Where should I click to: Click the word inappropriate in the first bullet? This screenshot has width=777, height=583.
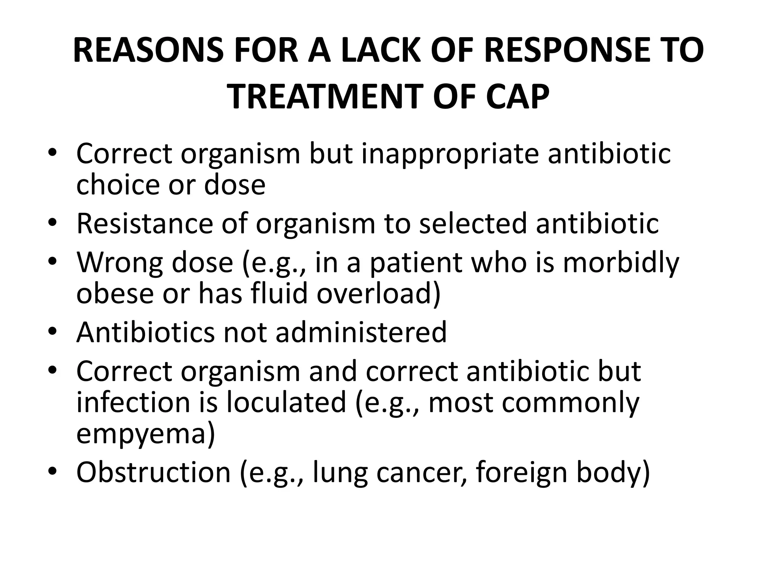coord(450,154)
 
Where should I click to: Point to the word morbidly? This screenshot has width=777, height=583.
coord(621,262)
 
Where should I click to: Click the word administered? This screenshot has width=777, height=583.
coord(361,332)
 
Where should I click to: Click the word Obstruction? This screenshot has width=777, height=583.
coord(154,472)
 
